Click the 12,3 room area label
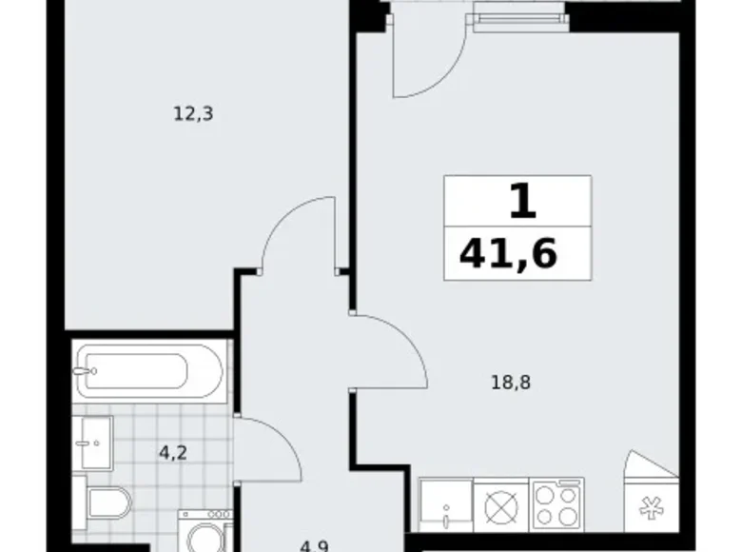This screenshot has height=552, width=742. (x=193, y=114)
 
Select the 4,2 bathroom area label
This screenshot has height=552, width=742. (x=172, y=452)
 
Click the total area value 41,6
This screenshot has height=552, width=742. (x=508, y=254)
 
